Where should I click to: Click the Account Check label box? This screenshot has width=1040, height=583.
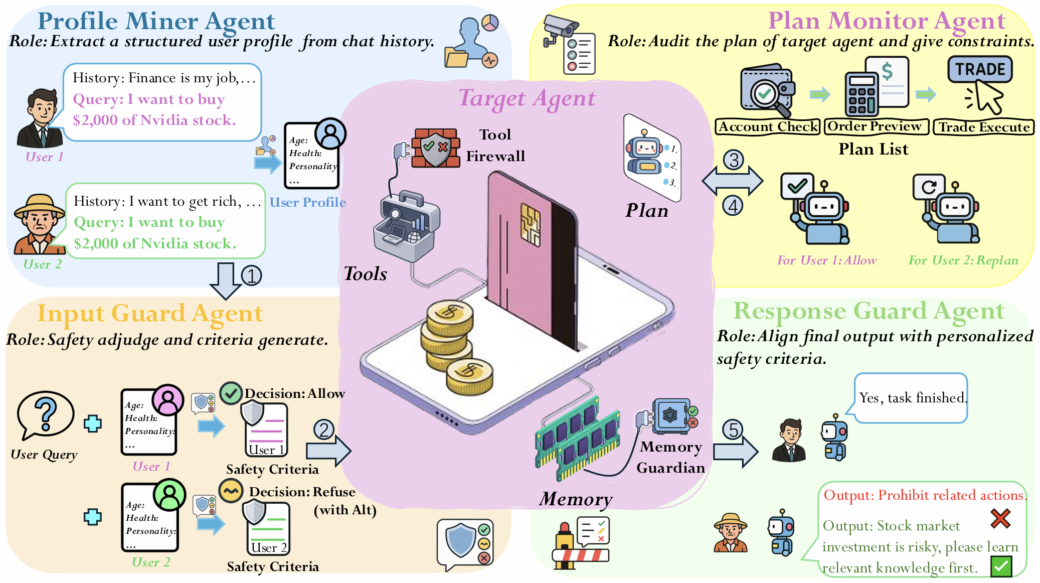(768, 127)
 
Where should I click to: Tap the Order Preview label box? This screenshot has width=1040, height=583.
(875, 126)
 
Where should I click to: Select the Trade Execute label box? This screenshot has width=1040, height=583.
(983, 127)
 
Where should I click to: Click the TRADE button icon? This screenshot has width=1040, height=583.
(980, 69)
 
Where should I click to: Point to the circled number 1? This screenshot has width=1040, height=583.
(251, 275)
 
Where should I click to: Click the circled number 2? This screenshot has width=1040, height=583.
(324, 430)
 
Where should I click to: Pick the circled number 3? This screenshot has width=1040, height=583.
(734, 160)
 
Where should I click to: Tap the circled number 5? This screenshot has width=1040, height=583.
(733, 430)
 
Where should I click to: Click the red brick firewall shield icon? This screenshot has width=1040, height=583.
(435, 148)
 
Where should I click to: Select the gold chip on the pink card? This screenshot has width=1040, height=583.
(531, 224)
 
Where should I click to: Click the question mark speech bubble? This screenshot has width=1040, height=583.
(45, 413)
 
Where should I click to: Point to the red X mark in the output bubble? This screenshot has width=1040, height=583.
(1000, 518)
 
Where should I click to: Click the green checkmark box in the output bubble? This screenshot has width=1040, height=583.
(1001, 566)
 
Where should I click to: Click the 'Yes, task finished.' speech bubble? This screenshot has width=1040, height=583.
(911, 398)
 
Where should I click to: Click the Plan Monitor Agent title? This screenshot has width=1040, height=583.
(887, 21)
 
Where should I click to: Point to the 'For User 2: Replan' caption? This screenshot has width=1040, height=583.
(963, 260)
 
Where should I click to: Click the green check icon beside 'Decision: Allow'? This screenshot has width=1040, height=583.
(231, 393)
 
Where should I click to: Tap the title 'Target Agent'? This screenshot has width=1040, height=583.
(527, 98)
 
